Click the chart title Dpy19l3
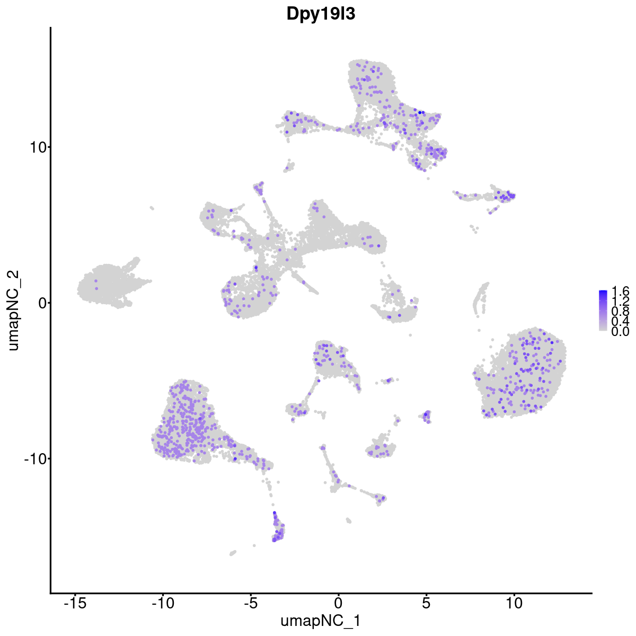coord(321,14)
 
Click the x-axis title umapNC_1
coord(321,621)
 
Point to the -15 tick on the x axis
coord(75,603)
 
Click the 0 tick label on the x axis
coord(338,603)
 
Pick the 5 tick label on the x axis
coord(426,603)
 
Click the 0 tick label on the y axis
coord(40,303)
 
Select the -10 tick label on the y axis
coord(34,458)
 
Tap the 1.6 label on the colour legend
coord(620,291)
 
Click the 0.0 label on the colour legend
coord(620,332)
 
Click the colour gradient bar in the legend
coord(603,311)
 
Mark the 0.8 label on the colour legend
coord(620,311)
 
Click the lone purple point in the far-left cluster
coord(96,288)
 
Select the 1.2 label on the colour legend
coord(620,301)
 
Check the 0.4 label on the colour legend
coord(620,321)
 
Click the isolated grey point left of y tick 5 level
coord(152,208)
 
